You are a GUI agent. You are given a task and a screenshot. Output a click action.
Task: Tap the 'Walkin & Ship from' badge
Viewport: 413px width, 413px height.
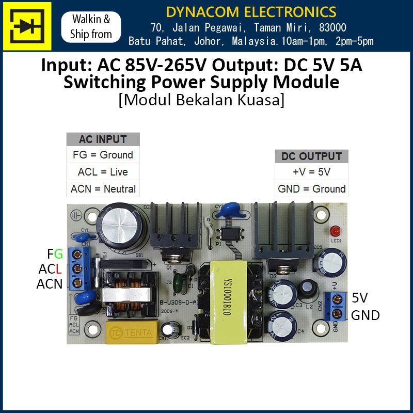coord(91,27)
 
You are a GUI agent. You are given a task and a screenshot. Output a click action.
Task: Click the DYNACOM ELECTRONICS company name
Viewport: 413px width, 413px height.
coord(251,11)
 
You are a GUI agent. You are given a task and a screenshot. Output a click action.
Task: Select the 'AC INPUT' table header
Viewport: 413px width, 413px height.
coord(103,139)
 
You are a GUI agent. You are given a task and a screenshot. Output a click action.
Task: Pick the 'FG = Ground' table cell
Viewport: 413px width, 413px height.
coord(103,155)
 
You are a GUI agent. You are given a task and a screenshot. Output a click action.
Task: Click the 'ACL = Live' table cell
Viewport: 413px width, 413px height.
coord(103,172)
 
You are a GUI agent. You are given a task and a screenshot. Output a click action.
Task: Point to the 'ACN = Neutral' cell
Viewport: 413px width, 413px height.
coord(103,189)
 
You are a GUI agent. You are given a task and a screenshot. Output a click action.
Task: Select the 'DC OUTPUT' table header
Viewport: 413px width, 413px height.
coord(311,156)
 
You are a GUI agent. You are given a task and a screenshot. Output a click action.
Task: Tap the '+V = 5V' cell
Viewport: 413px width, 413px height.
coord(311,172)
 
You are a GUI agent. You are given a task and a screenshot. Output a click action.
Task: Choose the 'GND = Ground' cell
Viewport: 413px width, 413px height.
coord(311,189)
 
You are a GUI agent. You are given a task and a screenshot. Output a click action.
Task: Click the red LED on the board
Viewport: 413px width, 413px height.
coord(336,231)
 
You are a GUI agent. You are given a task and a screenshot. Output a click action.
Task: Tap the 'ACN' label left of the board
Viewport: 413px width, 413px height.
coord(49,283)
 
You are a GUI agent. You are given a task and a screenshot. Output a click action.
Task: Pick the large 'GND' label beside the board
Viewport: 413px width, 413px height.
coord(366,315)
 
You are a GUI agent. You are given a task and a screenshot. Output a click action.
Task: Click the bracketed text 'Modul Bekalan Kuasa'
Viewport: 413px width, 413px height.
coord(201,100)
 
